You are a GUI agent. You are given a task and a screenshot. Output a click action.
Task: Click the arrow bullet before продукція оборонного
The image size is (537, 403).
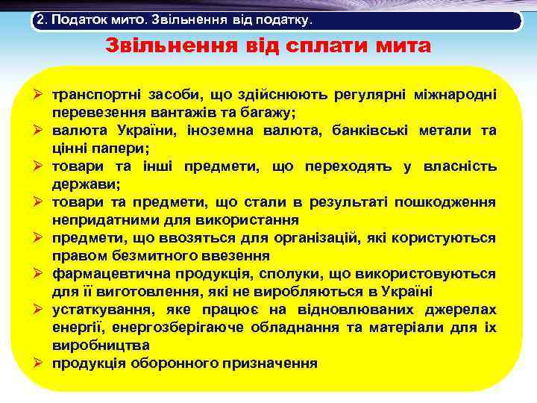[43, 363]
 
